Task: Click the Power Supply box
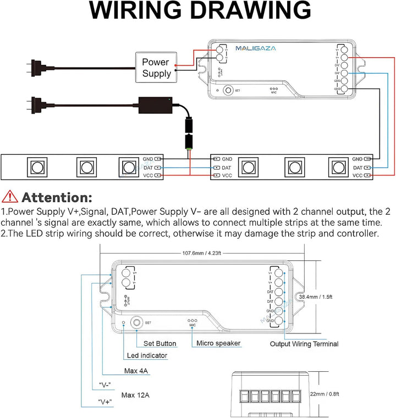(156, 68)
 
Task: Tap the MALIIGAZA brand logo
(256, 48)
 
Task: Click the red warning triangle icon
(9, 196)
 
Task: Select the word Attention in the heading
(57, 197)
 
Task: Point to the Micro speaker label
(219, 343)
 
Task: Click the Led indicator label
(147, 355)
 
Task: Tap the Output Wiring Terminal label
(304, 344)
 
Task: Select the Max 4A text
(136, 371)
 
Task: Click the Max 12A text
(136, 394)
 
